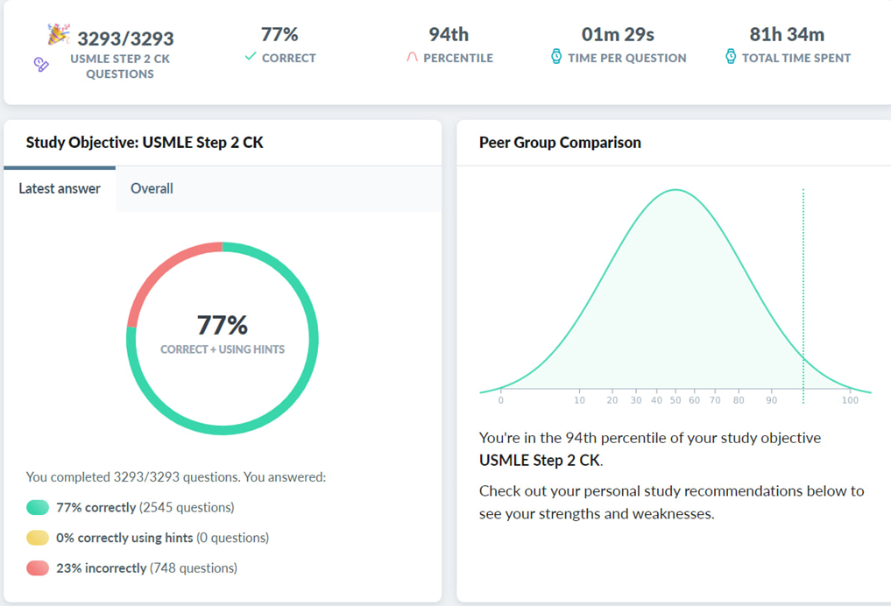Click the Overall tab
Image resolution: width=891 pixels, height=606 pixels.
tap(152, 188)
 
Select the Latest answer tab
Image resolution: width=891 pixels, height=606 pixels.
tap(60, 188)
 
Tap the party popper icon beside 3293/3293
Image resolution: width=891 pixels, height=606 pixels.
tap(58, 35)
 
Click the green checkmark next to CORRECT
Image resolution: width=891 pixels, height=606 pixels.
tap(251, 57)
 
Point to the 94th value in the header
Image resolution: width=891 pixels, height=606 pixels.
tap(449, 35)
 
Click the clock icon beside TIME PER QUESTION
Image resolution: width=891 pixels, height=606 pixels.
tap(556, 57)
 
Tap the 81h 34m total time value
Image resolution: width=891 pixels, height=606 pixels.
tap(787, 35)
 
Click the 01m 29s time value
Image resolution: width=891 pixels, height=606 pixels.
tap(618, 35)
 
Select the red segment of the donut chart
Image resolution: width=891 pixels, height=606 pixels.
tap(163, 266)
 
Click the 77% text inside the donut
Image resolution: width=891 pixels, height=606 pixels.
tap(223, 326)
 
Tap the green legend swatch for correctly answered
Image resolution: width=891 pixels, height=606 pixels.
tap(38, 508)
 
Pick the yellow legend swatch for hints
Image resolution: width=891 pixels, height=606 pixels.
tap(38, 538)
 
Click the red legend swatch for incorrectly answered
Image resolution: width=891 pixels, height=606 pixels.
tap(38, 568)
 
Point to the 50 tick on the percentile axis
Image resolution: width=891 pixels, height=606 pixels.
tap(675, 400)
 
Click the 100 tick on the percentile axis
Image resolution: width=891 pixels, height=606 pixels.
tap(850, 400)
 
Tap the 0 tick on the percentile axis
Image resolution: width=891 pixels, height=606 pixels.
tap(501, 400)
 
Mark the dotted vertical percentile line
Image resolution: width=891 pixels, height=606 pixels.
tap(803, 289)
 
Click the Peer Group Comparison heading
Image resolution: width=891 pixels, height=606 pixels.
tap(560, 143)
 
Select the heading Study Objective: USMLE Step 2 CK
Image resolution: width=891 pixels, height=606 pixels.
tap(145, 143)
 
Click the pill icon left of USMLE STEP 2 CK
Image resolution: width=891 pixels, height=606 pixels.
tap(41, 64)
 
